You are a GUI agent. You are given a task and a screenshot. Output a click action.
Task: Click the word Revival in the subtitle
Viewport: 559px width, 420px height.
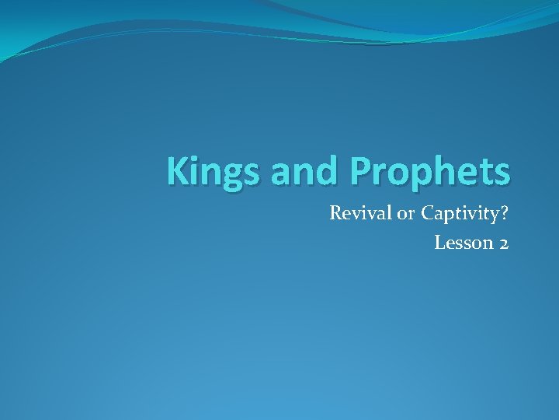click(x=360, y=212)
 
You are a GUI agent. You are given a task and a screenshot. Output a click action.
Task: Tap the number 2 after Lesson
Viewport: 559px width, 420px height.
click(x=504, y=243)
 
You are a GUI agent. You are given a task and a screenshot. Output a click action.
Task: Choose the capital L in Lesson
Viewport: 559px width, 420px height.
click(x=439, y=243)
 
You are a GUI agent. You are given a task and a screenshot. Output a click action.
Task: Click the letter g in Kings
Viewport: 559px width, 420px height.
click(x=234, y=177)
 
